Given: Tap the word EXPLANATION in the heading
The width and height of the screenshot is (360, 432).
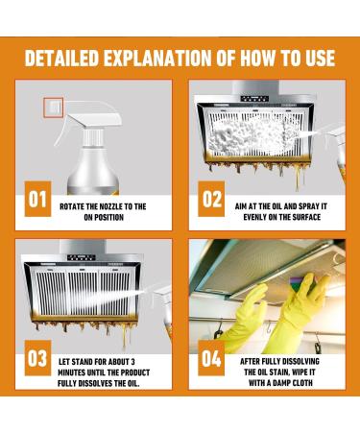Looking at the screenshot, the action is pyautogui.click(x=157, y=58).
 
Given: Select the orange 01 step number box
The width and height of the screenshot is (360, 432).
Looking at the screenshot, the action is pyautogui.click(x=37, y=199).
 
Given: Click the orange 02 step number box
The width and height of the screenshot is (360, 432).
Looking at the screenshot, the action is pyautogui.click(x=211, y=199).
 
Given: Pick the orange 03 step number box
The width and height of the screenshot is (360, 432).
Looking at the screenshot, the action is pyautogui.click(x=37, y=358).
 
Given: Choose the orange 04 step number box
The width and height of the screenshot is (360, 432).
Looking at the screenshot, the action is pyautogui.click(x=211, y=358).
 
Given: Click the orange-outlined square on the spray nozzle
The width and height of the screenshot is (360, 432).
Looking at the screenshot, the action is pyautogui.click(x=54, y=108).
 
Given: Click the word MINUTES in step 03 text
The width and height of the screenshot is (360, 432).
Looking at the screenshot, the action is pyautogui.click(x=71, y=372).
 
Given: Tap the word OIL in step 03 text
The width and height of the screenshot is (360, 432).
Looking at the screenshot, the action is pyautogui.click(x=132, y=383).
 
